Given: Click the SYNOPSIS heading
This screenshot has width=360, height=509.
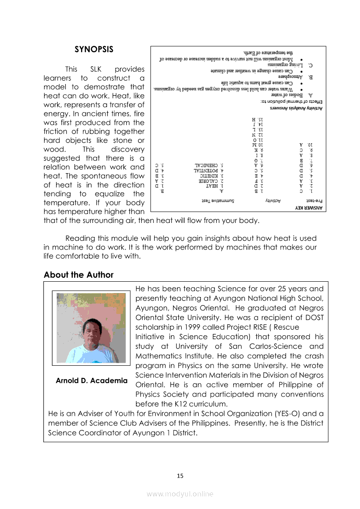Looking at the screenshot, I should coord(94,49).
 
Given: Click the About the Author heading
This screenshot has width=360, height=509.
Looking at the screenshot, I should coord(78,275).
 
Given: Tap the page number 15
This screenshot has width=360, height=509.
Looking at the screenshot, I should coord(180,476).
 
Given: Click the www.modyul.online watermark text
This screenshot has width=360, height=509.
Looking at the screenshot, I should coord(180,494).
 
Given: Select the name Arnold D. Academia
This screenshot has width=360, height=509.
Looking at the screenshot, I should coord(92,381).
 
